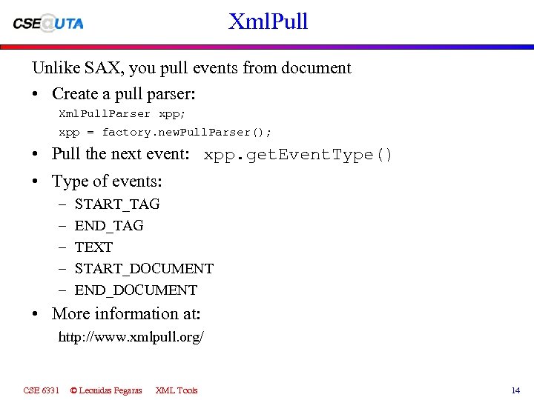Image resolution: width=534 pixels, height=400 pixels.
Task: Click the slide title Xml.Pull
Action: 268,21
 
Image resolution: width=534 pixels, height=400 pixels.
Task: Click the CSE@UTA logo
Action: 49,23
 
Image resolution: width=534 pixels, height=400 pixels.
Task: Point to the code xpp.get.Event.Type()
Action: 298,155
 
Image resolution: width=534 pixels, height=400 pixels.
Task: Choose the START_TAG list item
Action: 117,204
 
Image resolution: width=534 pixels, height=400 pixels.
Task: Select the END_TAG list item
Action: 109,225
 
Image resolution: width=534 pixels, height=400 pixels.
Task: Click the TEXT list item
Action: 93,247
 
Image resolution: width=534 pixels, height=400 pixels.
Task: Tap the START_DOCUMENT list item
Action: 144,268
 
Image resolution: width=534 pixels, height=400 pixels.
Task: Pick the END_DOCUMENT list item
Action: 136,290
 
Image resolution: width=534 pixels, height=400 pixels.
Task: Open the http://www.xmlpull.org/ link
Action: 131,337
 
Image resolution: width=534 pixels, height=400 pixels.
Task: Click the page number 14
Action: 515,390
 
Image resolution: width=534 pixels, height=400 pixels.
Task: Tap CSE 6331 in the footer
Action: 41,390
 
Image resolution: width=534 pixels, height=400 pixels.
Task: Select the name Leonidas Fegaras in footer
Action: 110,390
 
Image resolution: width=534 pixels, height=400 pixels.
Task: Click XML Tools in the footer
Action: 177,390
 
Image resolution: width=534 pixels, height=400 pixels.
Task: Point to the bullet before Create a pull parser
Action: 36,94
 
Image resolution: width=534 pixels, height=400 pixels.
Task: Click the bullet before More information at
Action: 36,313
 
